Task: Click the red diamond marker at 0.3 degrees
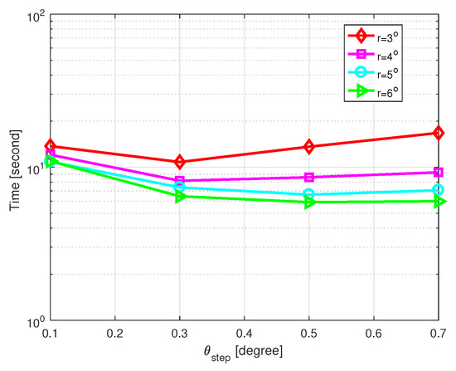[x=179, y=162]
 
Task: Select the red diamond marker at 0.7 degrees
[x=439, y=133]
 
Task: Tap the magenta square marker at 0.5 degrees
[x=309, y=177]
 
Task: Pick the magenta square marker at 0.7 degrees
[x=439, y=172]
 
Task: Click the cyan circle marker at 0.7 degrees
[x=439, y=190]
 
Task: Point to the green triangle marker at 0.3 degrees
[x=179, y=196]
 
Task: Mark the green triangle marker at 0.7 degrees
[x=439, y=201]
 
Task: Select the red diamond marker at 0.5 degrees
[x=309, y=147]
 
